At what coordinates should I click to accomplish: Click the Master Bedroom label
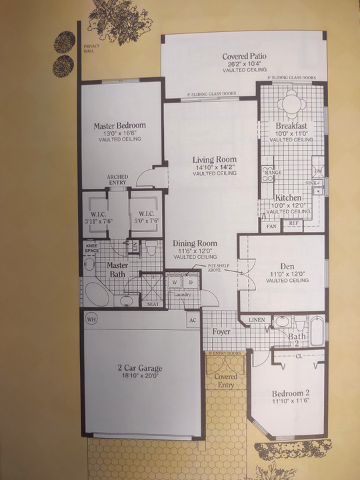pyautogui.click(x=119, y=125)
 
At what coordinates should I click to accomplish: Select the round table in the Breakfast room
pyautogui.click(x=291, y=104)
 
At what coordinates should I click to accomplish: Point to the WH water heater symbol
pyautogui.click(x=91, y=319)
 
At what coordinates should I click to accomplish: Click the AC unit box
pyautogui.click(x=192, y=319)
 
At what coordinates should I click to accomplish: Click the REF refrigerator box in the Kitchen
pyautogui.click(x=293, y=225)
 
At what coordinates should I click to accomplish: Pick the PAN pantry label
pyautogui.click(x=271, y=226)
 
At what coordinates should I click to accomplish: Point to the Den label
pyautogui.click(x=288, y=265)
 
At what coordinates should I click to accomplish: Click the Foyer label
pyautogui.click(x=222, y=331)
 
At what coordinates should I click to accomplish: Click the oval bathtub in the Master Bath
pyautogui.click(x=97, y=293)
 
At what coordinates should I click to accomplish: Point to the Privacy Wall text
pyautogui.click(x=89, y=49)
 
